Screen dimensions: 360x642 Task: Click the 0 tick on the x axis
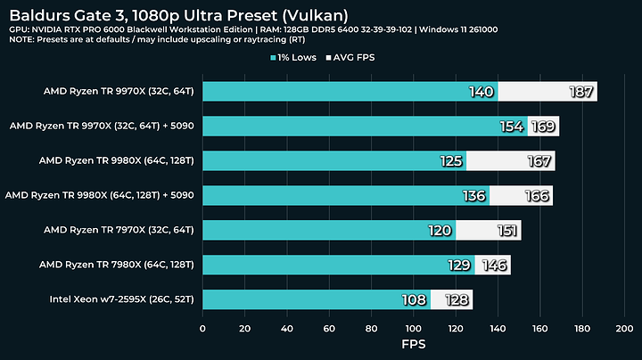[203, 329]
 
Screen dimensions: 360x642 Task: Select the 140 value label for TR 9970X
[481, 91]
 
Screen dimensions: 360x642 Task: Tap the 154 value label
[511, 126]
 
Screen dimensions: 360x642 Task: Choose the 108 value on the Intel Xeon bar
[414, 299]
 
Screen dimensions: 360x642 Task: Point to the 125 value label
[450, 160]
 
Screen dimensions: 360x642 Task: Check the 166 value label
[535, 195]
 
